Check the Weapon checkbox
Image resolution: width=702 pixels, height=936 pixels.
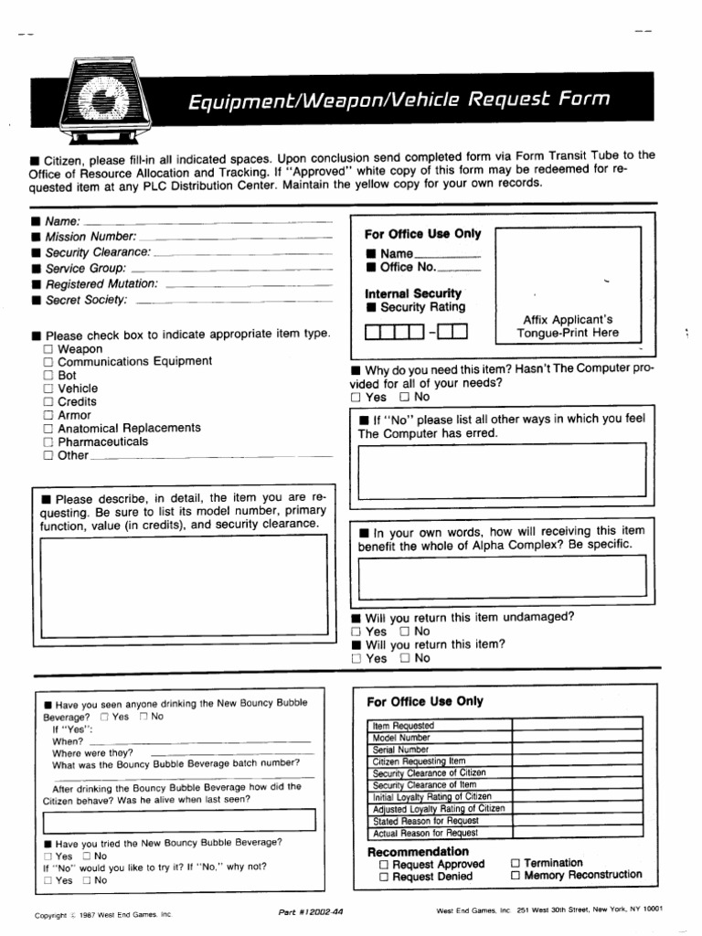click(x=48, y=350)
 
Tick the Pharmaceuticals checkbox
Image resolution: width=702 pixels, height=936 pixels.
click(x=48, y=441)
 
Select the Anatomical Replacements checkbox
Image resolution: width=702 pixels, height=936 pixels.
click(x=48, y=428)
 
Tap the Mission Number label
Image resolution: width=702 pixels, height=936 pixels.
click(x=90, y=237)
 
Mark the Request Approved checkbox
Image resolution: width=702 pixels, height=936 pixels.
click(x=385, y=864)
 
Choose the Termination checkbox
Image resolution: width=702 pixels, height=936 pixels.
click(x=516, y=863)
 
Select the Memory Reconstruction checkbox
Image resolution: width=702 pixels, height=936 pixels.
click(x=516, y=876)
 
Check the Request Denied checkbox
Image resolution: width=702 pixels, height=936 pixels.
click(x=385, y=877)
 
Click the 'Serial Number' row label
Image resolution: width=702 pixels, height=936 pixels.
click(x=403, y=750)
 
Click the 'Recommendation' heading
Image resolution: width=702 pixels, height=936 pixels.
click(x=418, y=851)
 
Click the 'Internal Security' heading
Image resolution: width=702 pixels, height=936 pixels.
click(x=413, y=293)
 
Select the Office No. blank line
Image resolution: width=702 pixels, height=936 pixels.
click(x=459, y=270)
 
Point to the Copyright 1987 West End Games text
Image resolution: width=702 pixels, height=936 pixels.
click(x=102, y=914)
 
